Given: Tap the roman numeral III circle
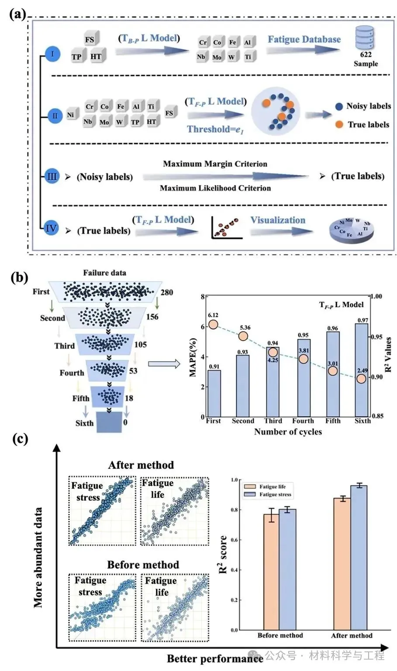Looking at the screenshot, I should coord(52,176).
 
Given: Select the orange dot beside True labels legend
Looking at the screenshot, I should coord(339,124).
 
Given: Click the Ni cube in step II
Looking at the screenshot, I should coord(70,115).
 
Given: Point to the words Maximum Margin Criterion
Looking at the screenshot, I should coord(215,164).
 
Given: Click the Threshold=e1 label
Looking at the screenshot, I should coord(215,129).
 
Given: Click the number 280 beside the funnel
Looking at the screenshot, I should coord(167,292).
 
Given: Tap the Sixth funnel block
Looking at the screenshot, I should coord(109,422).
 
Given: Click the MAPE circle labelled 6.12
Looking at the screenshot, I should coord(213,324).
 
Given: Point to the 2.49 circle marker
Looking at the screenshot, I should coord(361,378).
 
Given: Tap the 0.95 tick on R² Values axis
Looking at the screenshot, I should coord(376,337).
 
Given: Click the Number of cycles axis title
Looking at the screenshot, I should coord(288,431).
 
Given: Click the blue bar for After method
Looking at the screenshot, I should coord(359,558).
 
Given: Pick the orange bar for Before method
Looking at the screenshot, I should coord(271,572).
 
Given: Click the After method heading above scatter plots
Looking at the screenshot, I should coord(141,465).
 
